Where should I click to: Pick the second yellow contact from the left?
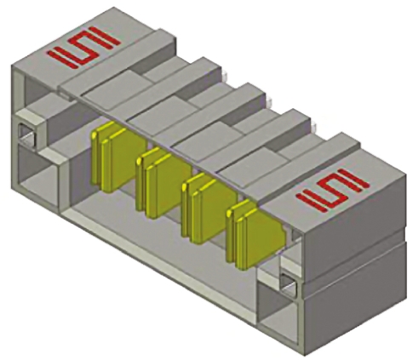pyautogui.click(x=155, y=175)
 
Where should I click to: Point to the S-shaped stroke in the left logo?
pyautogui.click(x=80, y=46)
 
